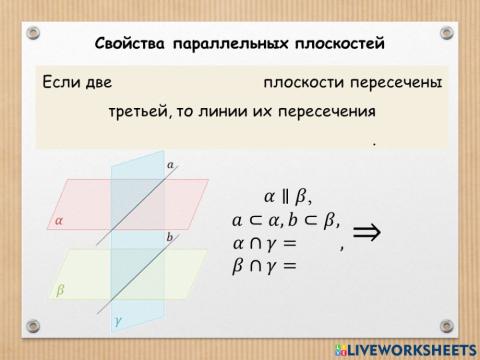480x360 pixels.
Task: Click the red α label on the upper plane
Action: pos(58,222)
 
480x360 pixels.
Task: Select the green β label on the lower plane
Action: pos(59,290)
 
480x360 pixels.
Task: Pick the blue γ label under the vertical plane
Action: pos(119,322)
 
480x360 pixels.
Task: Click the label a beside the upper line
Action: pos(171,163)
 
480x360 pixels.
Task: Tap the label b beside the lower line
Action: pos(170,237)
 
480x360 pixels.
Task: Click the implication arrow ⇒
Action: pos(368,233)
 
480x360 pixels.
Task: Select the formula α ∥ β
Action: pos(288,196)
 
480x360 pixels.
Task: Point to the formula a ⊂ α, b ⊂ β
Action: pos(286,220)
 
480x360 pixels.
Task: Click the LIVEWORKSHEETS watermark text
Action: pos(412,349)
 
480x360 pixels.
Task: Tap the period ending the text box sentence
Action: pos(373,144)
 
